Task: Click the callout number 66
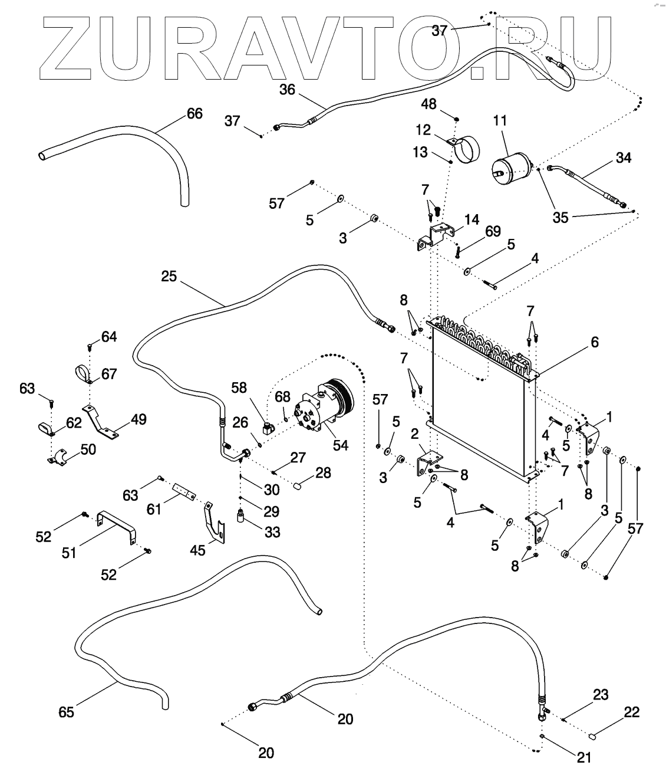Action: (194, 113)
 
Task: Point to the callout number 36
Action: (287, 90)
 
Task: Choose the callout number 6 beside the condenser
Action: (594, 342)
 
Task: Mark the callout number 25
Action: (169, 276)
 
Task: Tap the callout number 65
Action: (67, 712)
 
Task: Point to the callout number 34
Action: (623, 157)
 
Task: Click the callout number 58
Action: (239, 388)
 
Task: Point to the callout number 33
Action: (272, 532)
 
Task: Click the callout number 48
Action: (445, 104)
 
